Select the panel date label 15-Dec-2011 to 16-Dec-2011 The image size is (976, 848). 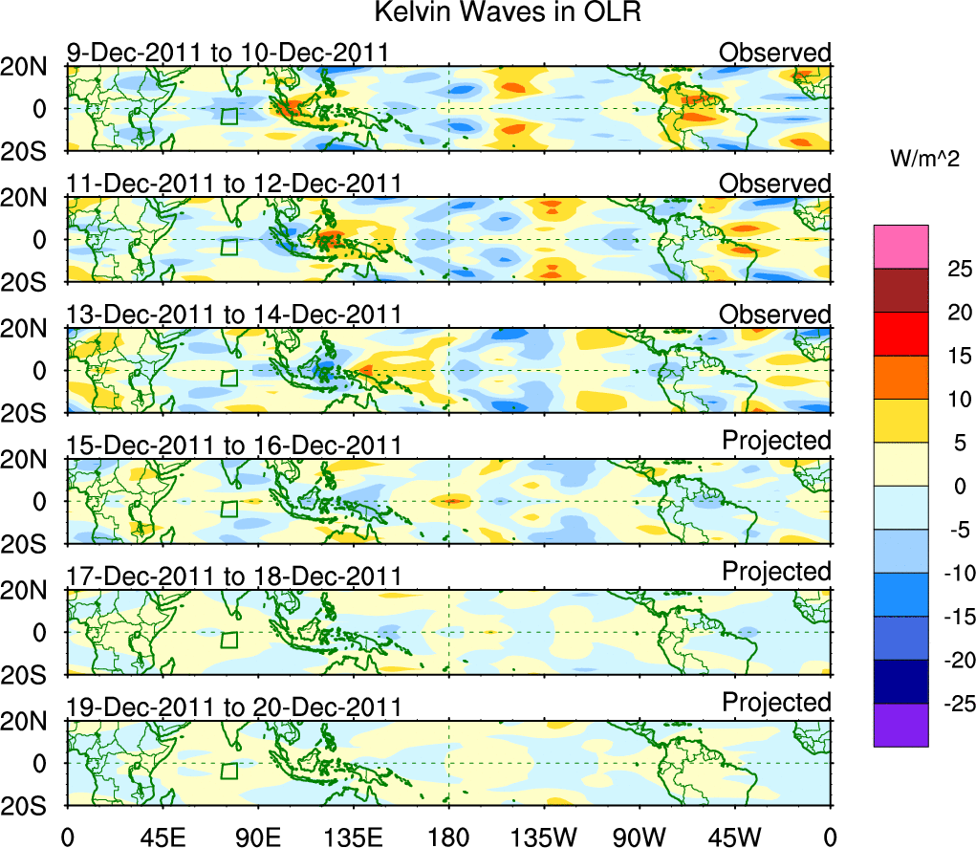(233, 446)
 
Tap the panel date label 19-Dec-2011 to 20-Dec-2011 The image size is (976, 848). (233, 707)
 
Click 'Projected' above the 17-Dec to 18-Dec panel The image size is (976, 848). (776, 572)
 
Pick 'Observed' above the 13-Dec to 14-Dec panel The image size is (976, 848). (775, 315)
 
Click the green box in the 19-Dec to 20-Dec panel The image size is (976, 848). (228, 772)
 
